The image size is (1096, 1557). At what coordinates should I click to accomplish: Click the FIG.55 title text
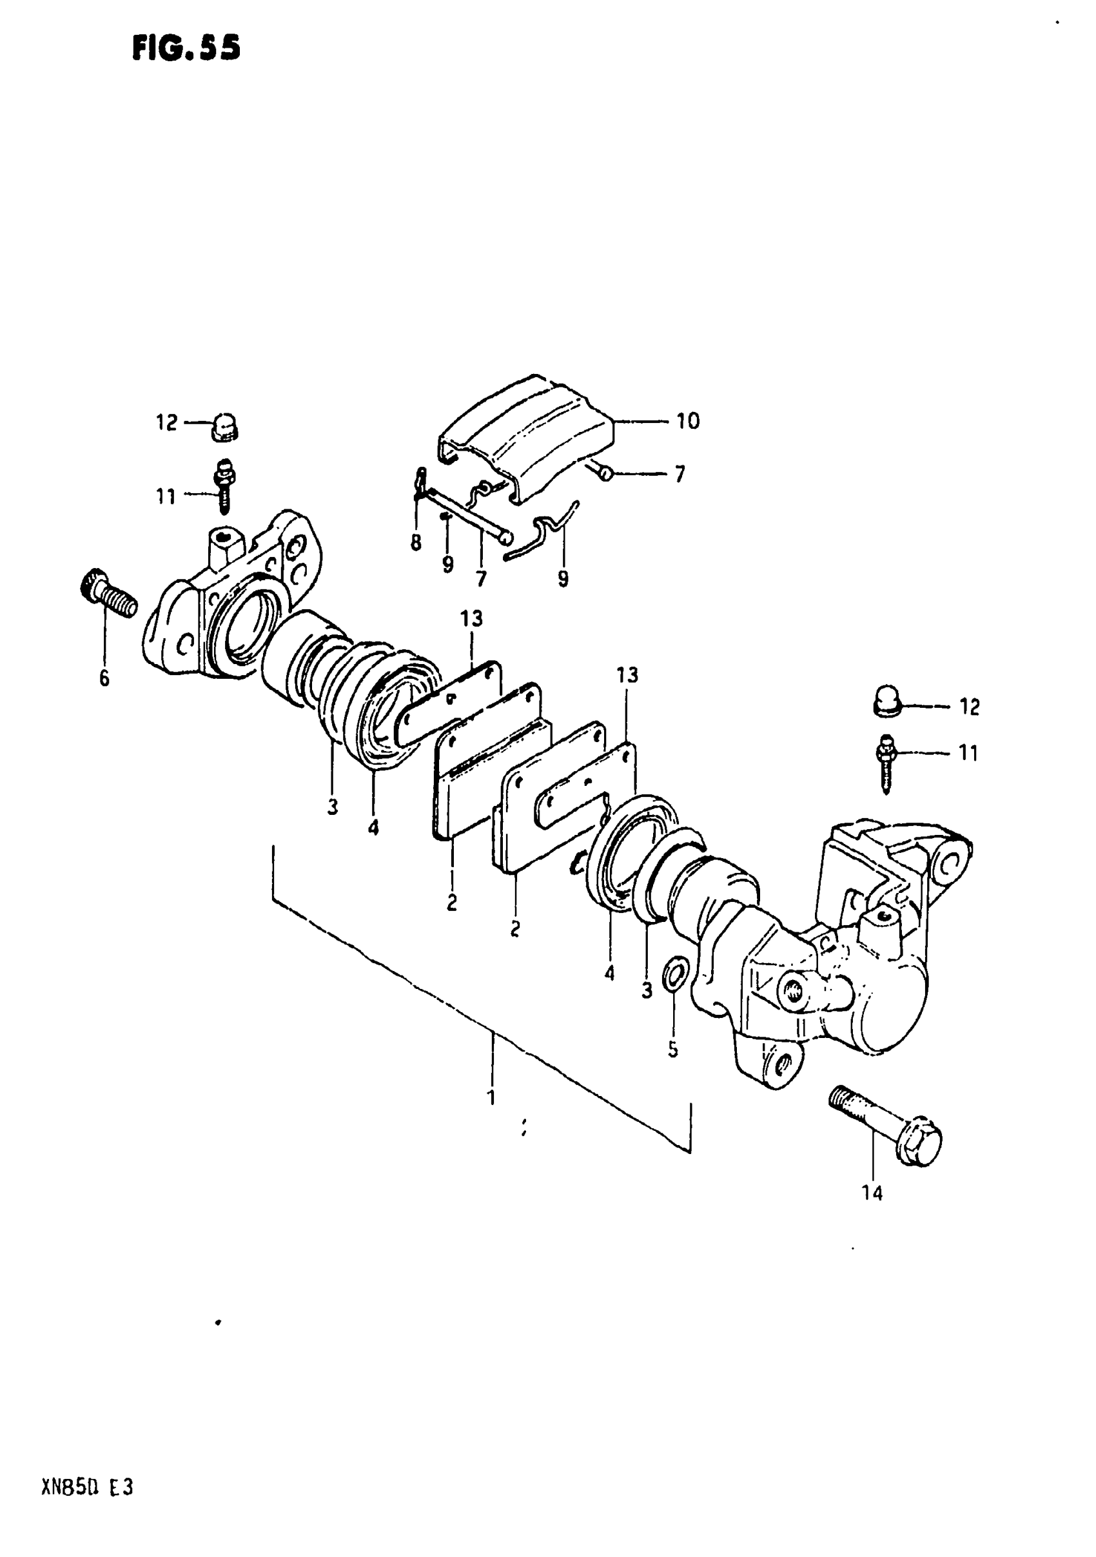click(x=186, y=48)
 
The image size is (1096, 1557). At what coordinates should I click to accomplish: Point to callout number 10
click(x=688, y=421)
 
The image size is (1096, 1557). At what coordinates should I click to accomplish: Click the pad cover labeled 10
click(x=525, y=434)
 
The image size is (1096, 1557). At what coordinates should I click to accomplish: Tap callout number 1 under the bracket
click(x=492, y=1097)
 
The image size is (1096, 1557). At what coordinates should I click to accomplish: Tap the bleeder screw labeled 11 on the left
click(x=224, y=484)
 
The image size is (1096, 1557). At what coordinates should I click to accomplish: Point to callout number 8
click(x=415, y=542)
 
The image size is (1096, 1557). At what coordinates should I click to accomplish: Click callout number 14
click(x=872, y=1193)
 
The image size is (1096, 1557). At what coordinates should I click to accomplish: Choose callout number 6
click(x=104, y=678)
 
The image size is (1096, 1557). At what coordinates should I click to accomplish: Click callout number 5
click(x=672, y=1050)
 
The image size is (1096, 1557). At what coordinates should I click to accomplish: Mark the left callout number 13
click(x=471, y=618)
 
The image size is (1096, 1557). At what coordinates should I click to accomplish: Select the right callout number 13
click(x=627, y=675)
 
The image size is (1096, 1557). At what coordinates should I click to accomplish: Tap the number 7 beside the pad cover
click(x=680, y=473)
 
